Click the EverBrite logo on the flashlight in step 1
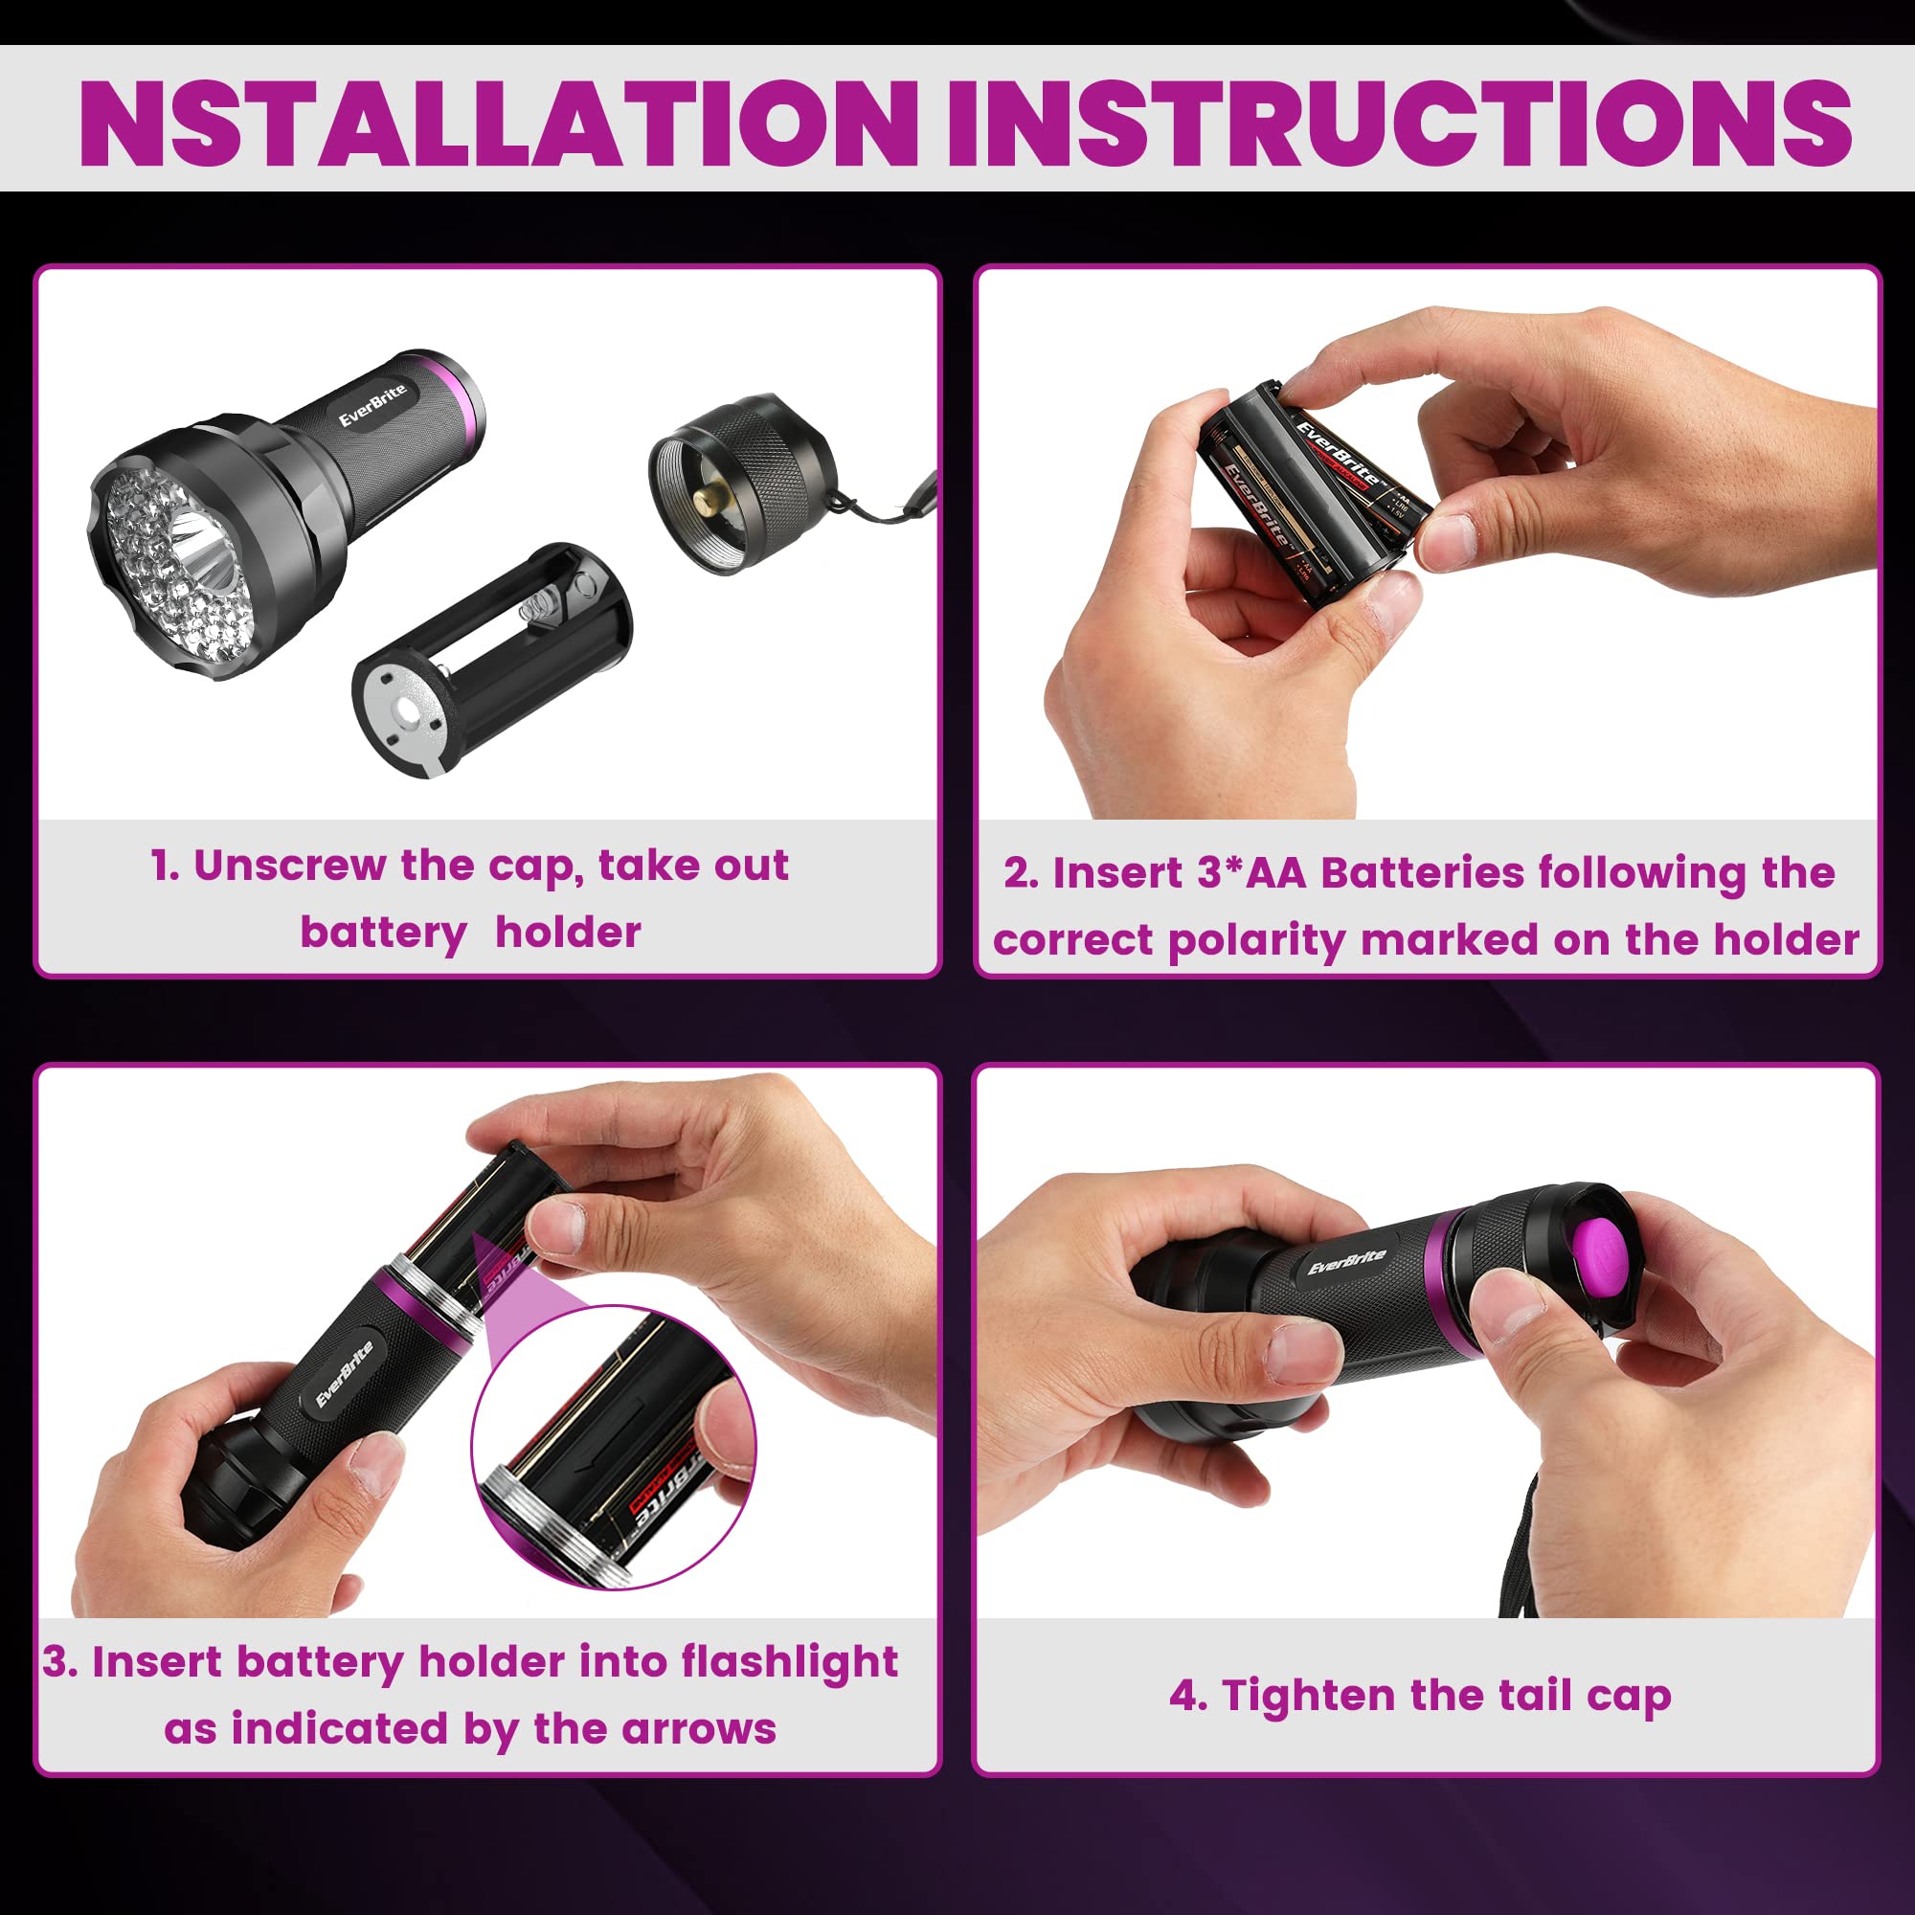pos(372,404)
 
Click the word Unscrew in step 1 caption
pos(289,866)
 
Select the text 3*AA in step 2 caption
pos(1252,872)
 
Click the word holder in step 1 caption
pos(567,933)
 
